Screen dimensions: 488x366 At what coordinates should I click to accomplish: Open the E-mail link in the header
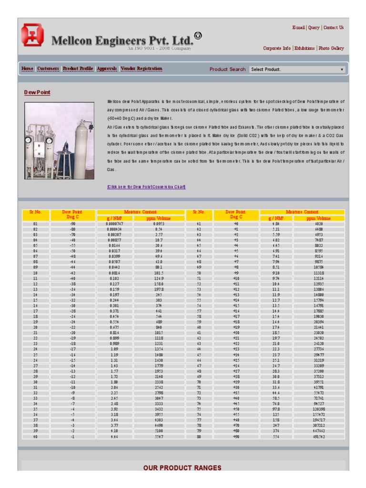point(298,28)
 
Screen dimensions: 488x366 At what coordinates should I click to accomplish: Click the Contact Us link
point(333,28)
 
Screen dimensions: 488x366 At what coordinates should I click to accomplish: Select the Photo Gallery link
point(331,48)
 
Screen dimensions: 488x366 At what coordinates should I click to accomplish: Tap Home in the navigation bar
point(27,69)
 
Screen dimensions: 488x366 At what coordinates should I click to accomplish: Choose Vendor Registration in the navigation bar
point(141,69)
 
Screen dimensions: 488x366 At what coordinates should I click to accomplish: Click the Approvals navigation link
point(107,69)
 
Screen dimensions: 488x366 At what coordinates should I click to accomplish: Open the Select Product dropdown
point(297,69)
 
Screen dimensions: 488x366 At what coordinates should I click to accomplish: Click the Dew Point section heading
point(37,92)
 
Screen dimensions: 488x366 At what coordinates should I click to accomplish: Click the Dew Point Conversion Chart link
point(146,186)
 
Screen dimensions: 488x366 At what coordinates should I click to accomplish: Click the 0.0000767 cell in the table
point(114,223)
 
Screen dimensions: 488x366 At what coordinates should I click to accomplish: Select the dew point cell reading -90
point(72,223)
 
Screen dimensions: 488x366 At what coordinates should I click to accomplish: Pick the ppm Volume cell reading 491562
point(318,436)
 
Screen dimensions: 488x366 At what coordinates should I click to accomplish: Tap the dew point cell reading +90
point(236,436)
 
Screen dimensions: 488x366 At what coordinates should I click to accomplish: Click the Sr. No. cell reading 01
point(35,223)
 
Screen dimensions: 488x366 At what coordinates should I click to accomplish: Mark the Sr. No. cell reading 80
point(199,436)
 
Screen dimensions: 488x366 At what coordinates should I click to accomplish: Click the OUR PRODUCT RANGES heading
point(183,468)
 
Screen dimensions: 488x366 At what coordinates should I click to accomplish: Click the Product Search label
point(227,69)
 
